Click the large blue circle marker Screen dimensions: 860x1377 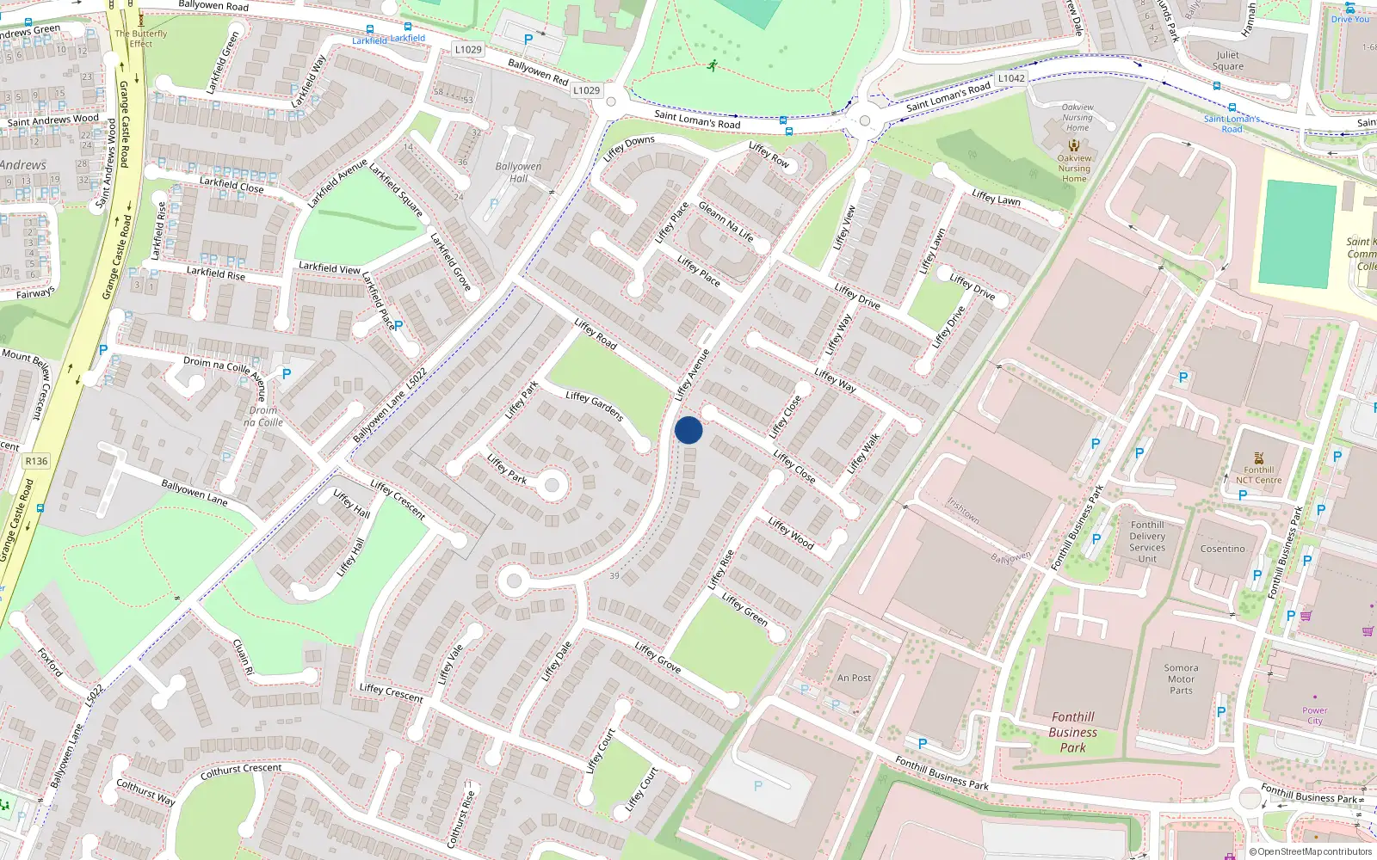coord(688,430)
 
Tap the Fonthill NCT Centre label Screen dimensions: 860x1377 coord(1258,475)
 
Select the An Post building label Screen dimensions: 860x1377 coord(854,678)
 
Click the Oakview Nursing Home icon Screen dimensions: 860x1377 coord(1073,145)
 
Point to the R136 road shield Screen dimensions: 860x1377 coord(36,461)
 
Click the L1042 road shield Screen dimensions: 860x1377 coord(1011,78)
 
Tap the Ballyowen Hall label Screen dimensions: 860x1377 coord(518,172)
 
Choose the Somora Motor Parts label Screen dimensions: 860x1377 coord(1181,679)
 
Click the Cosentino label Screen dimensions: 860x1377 coord(1222,549)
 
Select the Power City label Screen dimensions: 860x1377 coord(1314,716)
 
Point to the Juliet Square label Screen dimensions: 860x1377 coord(1228,60)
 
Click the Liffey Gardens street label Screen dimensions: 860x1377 coord(594,406)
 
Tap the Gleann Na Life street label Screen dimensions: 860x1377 coord(726,222)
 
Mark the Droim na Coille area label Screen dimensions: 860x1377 coord(262,416)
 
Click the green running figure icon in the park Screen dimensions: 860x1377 coord(712,65)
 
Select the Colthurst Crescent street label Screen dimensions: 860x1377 coord(241,771)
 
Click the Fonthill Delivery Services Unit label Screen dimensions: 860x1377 coord(1147,542)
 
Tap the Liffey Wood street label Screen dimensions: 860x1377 coord(790,533)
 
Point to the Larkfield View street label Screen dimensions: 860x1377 coord(329,268)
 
